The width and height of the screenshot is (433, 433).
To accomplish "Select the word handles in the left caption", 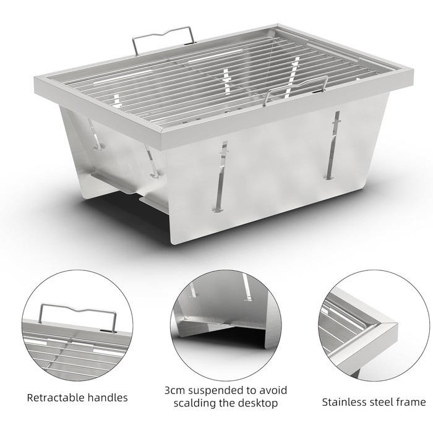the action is tap(108, 398).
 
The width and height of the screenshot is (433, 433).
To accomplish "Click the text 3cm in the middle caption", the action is tap(175, 390).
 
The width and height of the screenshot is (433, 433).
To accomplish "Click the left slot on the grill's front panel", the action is tap(221, 177).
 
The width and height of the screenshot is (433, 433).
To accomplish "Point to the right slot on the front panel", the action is tap(333, 145).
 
